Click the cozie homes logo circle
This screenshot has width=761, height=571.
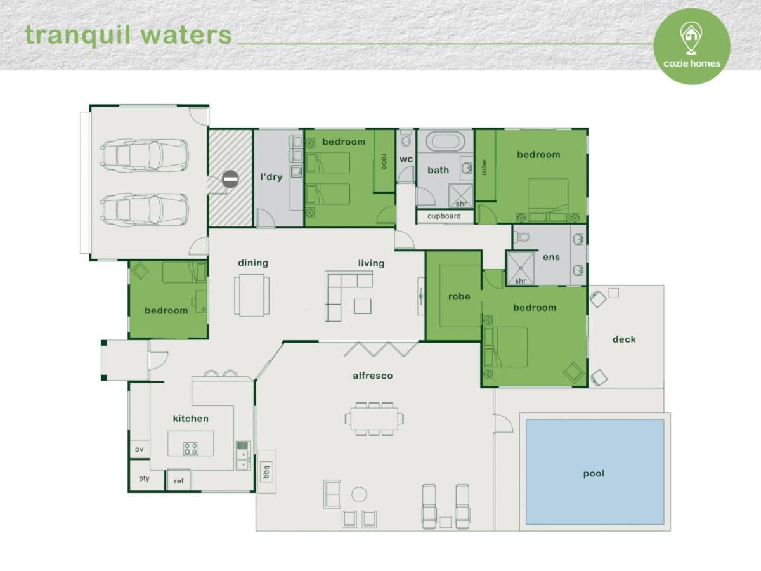click(x=692, y=46)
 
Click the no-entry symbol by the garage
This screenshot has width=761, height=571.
click(x=230, y=180)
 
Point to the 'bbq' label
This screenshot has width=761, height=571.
click(x=266, y=472)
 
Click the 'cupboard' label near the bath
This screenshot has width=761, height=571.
click(x=444, y=216)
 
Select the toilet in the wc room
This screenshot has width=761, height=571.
click(x=406, y=139)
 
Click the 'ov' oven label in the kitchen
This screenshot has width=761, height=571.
click(x=139, y=449)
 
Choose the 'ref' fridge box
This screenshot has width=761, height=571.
click(x=179, y=480)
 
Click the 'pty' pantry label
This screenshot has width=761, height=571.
click(x=144, y=479)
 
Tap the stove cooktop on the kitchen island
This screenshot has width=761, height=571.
click(x=191, y=449)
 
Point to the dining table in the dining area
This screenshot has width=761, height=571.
click(x=252, y=295)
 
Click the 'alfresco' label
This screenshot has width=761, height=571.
click(x=373, y=376)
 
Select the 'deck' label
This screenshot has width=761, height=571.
click(x=624, y=339)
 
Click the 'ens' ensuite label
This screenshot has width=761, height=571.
click(x=551, y=257)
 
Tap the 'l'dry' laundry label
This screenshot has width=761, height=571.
click(x=271, y=177)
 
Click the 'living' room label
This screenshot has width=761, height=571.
click(x=372, y=263)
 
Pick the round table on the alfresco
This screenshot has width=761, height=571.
click(x=359, y=494)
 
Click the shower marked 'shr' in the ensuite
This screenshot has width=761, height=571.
click(x=521, y=268)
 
